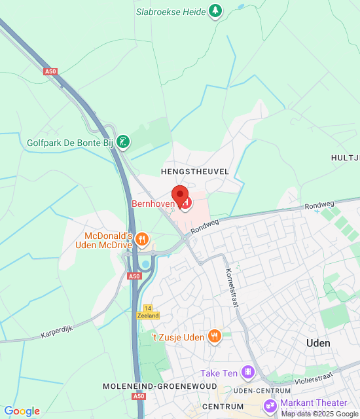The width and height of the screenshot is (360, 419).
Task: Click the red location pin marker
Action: (x=180, y=194)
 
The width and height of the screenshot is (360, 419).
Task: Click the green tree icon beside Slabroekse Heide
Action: (x=215, y=10)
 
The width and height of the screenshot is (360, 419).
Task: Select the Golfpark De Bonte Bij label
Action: (x=71, y=142)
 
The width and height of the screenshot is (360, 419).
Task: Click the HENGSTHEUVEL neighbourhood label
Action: (x=194, y=171)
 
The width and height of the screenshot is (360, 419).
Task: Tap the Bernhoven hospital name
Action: (x=153, y=204)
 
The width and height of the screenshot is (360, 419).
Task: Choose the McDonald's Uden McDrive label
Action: (x=109, y=240)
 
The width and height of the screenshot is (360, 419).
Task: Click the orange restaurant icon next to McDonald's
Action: (x=141, y=240)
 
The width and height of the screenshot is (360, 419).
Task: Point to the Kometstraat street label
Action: (x=231, y=287)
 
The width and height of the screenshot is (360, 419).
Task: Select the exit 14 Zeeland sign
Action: (x=148, y=312)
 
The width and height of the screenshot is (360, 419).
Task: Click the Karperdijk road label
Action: (x=58, y=333)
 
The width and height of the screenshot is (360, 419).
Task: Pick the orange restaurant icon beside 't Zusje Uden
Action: (x=214, y=337)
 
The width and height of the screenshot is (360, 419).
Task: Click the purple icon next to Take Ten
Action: (x=247, y=373)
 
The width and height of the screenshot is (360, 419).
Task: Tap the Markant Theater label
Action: (x=314, y=403)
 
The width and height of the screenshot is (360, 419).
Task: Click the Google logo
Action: (x=22, y=411)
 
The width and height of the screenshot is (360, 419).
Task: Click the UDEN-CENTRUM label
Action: (x=262, y=390)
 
